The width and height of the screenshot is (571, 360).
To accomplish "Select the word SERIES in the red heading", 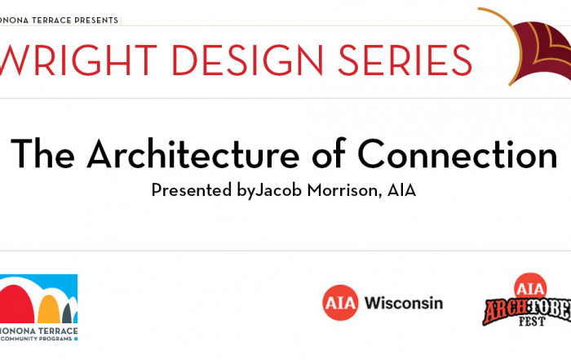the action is point(405,60).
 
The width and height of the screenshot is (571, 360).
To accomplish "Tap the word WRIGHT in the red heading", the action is point(78,60).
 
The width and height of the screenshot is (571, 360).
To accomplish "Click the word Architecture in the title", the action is point(193,153).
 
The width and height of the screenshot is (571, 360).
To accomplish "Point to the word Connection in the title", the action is point(458,153).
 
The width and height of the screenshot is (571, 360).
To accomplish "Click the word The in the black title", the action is point(43,153).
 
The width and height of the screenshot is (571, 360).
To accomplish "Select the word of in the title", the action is point(329,153).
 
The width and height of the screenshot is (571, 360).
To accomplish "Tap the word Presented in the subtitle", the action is point(192,190).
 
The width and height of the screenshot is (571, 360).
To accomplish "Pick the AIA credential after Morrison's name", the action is point(401,190).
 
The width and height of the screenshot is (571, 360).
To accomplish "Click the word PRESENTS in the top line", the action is point(96,20).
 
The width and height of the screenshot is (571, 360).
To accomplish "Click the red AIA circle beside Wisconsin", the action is point(340,303).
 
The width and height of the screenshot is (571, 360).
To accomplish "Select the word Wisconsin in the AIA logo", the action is point(404,303).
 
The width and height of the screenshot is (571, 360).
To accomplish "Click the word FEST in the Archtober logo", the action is point(532,321).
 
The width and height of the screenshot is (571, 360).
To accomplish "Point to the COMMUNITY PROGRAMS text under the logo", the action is point(37,339).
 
